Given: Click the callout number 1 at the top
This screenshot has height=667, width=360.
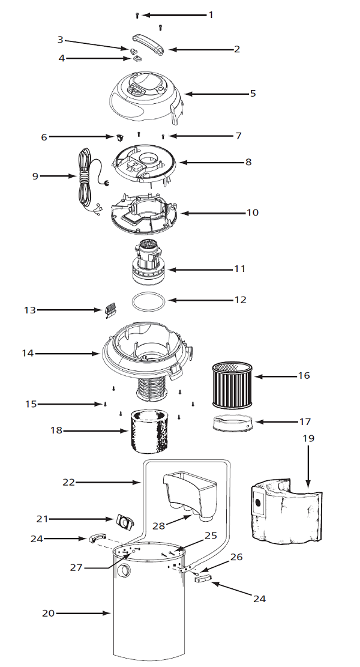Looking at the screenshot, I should (x=210, y=14).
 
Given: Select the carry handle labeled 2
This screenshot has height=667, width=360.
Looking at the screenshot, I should (x=148, y=44).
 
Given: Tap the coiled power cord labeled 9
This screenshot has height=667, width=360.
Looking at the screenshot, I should (x=84, y=177).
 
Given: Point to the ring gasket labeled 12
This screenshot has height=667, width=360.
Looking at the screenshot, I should (x=148, y=301).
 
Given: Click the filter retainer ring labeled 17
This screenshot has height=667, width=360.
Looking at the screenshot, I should (x=230, y=423).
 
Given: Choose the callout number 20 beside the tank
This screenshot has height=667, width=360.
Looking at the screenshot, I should (x=49, y=613).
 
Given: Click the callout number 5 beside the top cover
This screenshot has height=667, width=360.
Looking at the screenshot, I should (x=253, y=94).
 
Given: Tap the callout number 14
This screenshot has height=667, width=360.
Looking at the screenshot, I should (x=27, y=354).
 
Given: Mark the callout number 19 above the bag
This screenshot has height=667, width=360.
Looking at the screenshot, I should (x=308, y=439).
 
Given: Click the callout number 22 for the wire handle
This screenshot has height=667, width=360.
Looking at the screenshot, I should (x=70, y=481).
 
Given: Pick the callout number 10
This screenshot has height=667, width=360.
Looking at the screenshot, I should (x=252, y=213).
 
